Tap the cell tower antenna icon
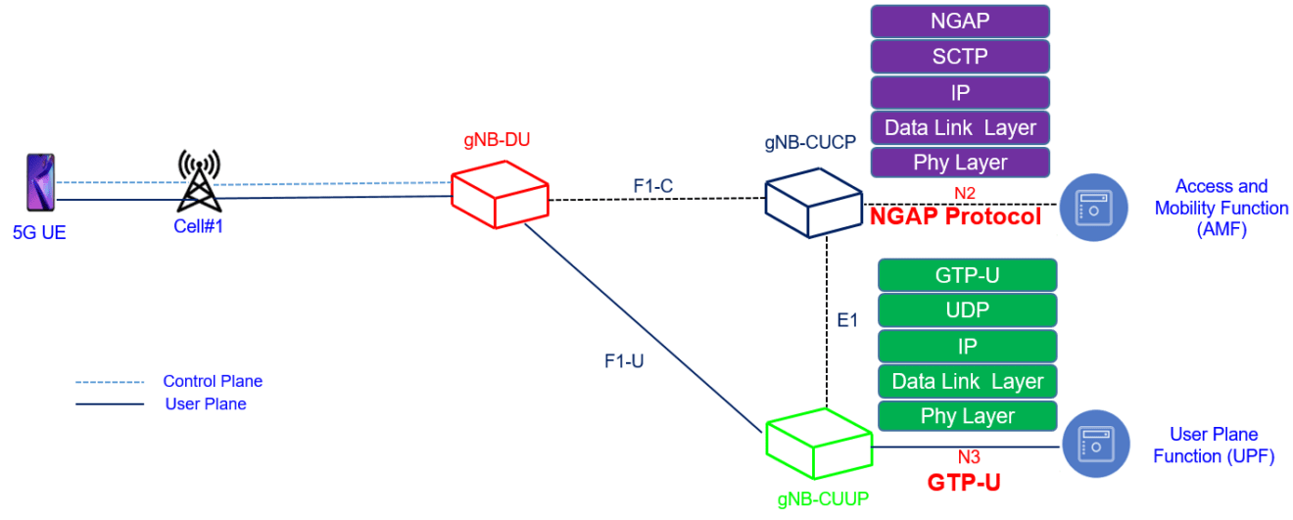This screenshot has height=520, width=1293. click(199, 181)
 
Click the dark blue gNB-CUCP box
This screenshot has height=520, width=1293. click(812, 201)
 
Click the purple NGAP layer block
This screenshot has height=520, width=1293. click(959, 21)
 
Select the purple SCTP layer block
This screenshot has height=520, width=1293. click(959, 57)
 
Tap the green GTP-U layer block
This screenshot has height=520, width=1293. click(967, 275)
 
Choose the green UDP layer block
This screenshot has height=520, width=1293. click(967, 310)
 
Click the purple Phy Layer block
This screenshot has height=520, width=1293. click(959, 163)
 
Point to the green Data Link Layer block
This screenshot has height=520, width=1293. click(967, 381)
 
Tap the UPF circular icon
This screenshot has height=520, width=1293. click(1095, 446)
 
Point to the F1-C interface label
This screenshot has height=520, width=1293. click(653, 183)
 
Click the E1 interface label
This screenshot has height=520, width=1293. click(848, 320)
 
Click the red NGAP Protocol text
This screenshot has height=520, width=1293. click(955, 216)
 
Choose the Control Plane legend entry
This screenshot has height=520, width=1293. click(213, 382)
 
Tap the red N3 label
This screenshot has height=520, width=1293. click(968, 456)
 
